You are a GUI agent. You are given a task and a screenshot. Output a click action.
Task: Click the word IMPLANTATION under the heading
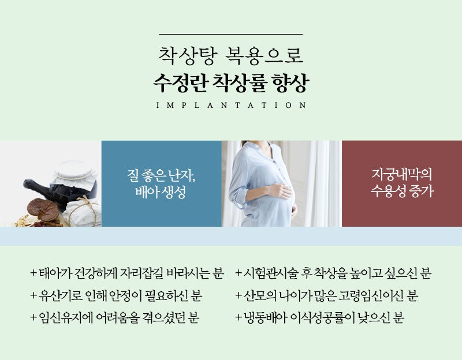pyautogui.click(x=231, y=106)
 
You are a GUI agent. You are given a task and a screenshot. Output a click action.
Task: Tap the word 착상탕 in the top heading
pyautogui.click(x=188, y=55)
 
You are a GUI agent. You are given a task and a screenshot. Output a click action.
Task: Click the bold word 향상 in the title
pyautogui.click(x=290, y=82)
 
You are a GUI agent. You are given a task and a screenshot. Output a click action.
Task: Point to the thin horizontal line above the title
pyautogui.click(x=230, y=35)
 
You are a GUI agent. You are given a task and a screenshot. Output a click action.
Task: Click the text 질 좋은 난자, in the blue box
pyautogui.click(x=161, y=176)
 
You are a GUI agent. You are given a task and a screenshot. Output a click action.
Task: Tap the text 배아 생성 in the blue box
pyautogui.click(x=161, y=192)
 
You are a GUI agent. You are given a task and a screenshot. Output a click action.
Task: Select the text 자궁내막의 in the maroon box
pyautogui.click(x=401, y=174)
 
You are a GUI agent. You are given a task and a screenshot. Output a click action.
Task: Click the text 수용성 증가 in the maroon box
pyautogui.click(x=402, y=191)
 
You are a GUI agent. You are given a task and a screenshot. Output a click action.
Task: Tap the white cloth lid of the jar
pyautogui.click(x=76, y=172)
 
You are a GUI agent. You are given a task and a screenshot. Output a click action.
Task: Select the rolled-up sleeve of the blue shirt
pyautogui.click(x=238, y=196)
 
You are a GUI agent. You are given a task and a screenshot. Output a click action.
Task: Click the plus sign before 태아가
pyautogui.click(x=33, y=273)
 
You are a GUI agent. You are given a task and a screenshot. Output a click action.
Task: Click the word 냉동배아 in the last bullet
pyautogui.click(x=265, y=318)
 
